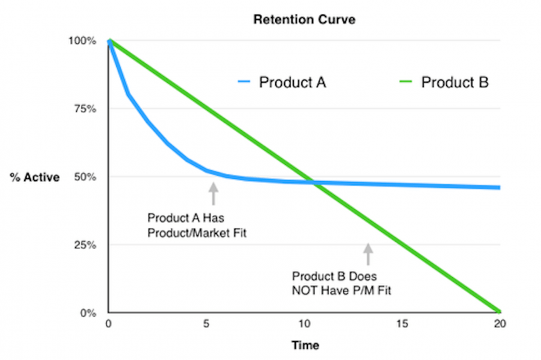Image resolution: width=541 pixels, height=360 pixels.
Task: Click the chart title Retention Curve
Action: [x=304, y=19]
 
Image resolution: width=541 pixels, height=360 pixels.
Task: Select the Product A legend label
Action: [x=293, y=83]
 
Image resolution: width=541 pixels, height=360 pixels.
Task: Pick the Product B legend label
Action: [x=454, y=83]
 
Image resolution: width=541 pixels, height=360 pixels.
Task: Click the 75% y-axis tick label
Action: [x=87, y=109]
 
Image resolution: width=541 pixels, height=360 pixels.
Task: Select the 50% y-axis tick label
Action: [x=87, y=177]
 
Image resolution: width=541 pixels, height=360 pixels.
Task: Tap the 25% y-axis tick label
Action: [x=87, y=245]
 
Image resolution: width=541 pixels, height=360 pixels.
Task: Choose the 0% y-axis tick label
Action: [x=89, y=313]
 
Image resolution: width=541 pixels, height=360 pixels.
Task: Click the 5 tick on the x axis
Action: [x=206, y=325]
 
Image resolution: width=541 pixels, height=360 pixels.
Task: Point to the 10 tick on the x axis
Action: [x=304, y=325]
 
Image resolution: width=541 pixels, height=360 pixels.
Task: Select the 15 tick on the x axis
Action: [x=402, y=325]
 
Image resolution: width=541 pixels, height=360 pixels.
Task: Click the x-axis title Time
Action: [x=304, y=345]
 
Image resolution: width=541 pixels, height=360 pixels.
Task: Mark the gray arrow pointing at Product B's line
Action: [x=367, y=254]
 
